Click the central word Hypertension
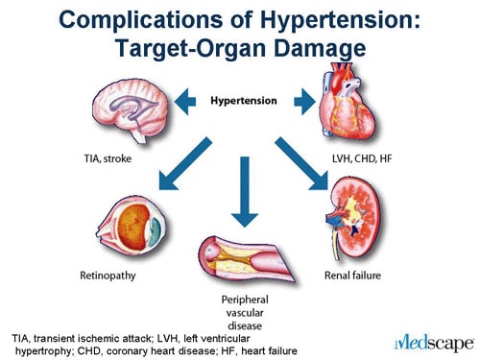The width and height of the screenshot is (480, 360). pyautogui.click(x=244, y=100)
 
